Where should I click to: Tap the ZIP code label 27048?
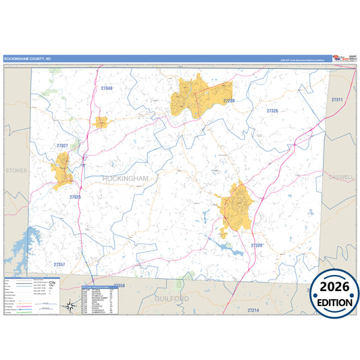(107, 88)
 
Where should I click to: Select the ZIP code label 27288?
(229, 101)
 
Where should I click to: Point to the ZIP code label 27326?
(272, 110)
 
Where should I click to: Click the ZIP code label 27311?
(338, 100)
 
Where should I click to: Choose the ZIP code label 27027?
(62, 146)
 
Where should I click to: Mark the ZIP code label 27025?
(75, 197)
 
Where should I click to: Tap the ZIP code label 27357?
(59, 264)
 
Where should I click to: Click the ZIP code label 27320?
(257, 245)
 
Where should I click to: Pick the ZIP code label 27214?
(253, 309)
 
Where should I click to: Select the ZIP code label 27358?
(120, 286)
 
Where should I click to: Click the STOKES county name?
(16, 171)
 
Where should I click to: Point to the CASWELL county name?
(341, 177)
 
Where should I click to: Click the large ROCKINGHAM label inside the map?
(125, 178)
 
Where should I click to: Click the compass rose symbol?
(70, 306)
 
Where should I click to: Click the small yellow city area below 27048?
(101, 122)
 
